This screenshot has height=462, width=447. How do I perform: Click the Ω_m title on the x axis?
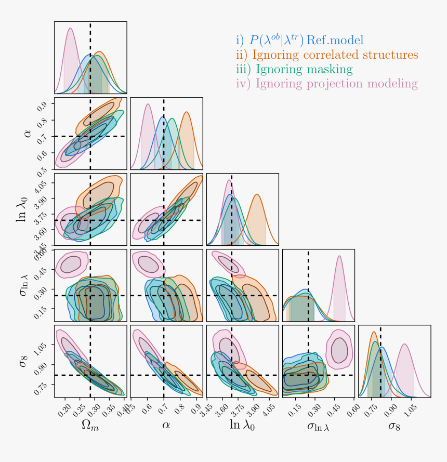(90, 426)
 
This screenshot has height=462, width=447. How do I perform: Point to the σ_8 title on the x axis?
(395, 426)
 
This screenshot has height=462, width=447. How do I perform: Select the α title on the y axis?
(28, 134)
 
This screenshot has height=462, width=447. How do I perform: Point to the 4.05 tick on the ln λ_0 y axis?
(43, 182)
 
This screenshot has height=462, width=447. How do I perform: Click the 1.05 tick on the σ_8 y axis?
(43, 345)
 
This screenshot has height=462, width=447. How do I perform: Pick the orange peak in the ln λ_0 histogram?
(257, 195)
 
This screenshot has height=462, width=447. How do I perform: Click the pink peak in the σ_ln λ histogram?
(339, 256)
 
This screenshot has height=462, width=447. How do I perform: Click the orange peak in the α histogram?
(186, 113)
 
